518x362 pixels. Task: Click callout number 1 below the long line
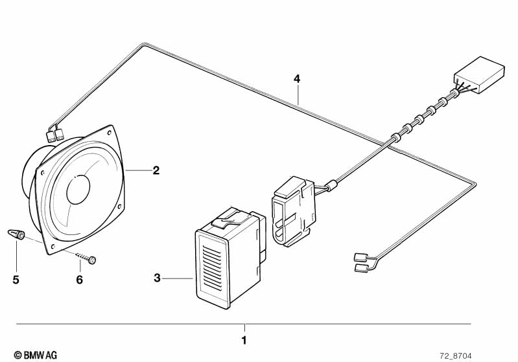point(244,340)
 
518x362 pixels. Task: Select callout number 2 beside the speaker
point(156,170)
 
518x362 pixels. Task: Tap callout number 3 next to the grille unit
point(158,278)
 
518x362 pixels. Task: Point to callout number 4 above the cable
point(297,79)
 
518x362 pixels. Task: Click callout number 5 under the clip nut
point(16,280)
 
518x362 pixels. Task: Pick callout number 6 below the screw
point(79,280)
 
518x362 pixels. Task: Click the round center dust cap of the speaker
point(78,189)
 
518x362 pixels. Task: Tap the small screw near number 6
point(86,258)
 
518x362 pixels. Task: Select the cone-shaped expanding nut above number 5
point(16,234)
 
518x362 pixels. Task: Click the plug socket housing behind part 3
point(293,211)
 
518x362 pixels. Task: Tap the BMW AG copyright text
point(36,355)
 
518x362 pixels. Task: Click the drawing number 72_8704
point(456,356)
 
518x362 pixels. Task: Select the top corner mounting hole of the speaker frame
point(109,133)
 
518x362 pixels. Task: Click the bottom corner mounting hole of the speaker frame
point(53,246)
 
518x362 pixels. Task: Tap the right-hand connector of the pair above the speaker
point(60,135)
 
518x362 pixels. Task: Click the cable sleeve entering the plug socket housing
point(333,185)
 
